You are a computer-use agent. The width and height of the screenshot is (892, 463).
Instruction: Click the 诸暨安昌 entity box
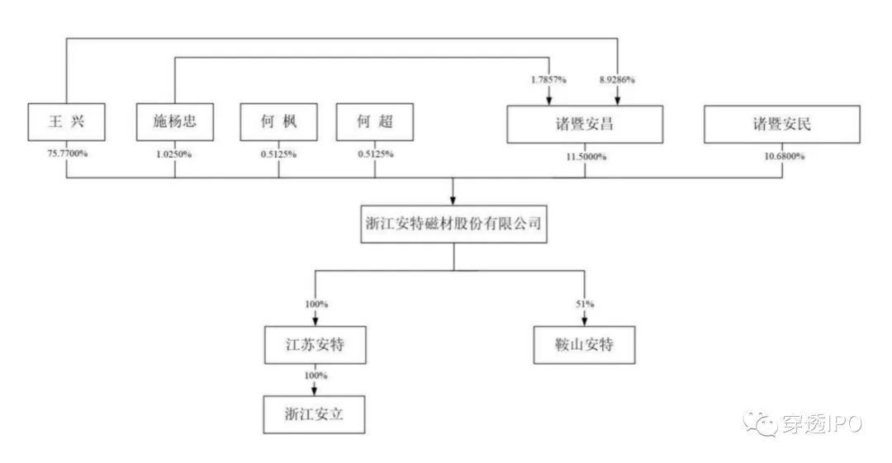point(585,125)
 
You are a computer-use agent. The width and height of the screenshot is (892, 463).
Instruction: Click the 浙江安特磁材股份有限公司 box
point(453,223)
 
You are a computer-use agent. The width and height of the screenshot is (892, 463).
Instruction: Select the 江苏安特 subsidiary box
point(314,346)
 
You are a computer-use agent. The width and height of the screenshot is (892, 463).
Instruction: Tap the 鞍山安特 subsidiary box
point(583,346)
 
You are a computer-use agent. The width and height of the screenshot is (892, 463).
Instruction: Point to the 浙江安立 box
point(314,414)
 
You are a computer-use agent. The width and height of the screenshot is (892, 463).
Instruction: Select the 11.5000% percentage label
point(585,156)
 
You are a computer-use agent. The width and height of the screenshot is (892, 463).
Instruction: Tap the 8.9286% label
point(616,80)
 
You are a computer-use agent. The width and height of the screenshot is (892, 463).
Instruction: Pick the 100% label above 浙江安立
point(315,376)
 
